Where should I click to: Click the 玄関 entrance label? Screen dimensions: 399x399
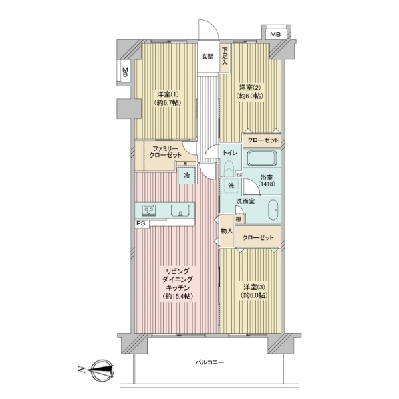(x=207, y=57)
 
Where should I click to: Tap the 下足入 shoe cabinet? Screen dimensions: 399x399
(x=225, y=59)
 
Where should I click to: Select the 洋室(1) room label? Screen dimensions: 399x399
(x=168, y=94)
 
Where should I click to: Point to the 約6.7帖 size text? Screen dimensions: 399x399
(x=168, y=103)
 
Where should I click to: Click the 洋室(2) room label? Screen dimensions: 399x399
(x=250, y=88)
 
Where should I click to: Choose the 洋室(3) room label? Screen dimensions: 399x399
(x=255, y=287)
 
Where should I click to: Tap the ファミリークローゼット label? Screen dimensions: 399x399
(x=165, y=152)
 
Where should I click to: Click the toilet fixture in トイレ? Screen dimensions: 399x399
(x=230, y=168)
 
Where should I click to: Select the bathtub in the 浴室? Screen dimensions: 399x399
(x=262, y=158)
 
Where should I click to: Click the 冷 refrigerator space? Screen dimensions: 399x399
(x=187, y=175)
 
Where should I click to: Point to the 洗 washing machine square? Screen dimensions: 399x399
(x=231, y=186)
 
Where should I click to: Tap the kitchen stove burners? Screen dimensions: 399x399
(x=148, y=211)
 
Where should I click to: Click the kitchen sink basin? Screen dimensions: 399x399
(x=180, y=211)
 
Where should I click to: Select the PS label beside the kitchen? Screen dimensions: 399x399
(x=141, y=223)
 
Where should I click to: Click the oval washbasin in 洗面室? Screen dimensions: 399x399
(x=273, y=210)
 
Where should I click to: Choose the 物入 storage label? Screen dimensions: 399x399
(x=227, y=231)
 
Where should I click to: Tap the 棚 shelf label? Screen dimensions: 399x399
(x=239, y=219)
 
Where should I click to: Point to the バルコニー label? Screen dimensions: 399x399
(x=209, y=362)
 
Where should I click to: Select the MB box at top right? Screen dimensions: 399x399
(x=275, y=34)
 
